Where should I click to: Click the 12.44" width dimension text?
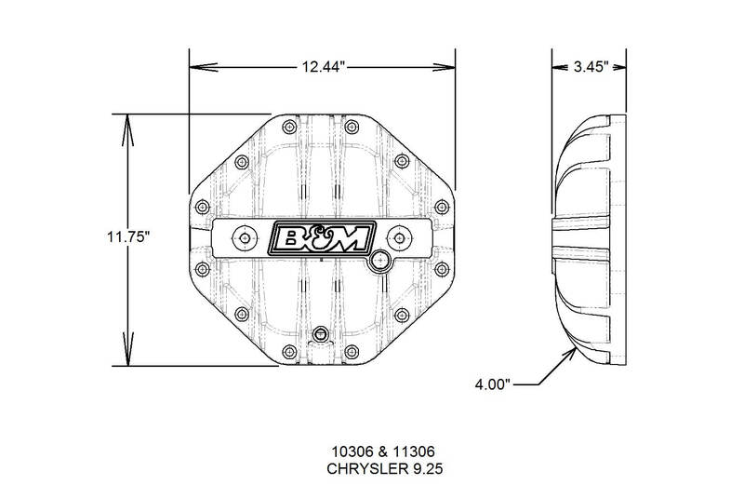322,67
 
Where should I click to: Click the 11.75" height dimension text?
128,236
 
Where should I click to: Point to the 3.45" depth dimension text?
591,67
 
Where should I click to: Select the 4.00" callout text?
493,384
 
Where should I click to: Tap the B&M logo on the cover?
322,238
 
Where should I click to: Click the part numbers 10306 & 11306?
383,451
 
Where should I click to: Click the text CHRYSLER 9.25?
384,469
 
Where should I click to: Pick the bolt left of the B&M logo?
245,238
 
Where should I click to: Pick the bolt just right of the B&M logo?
400,238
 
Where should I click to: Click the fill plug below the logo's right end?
379,261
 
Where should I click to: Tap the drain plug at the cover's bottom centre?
321,333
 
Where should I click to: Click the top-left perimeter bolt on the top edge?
289,127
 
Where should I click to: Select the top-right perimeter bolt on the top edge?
352,127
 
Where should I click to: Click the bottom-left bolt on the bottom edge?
289,352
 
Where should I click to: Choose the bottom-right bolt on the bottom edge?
352,352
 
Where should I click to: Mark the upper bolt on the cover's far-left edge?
203,207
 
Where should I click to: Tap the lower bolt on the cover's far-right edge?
442,269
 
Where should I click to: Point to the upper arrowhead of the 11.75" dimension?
127,129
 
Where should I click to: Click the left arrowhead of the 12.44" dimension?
204,67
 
